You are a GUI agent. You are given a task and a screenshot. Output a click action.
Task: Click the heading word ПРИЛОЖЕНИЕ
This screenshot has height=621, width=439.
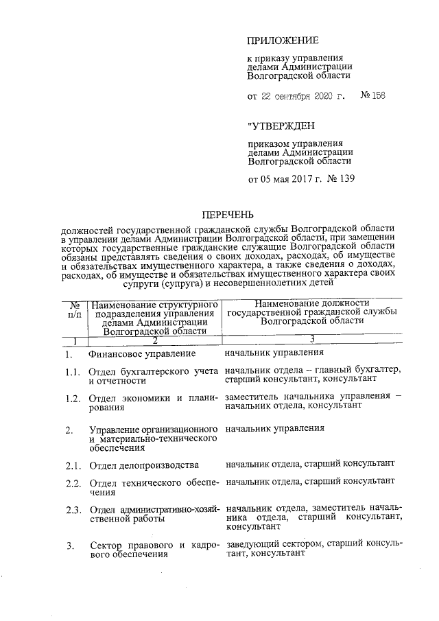[283, 41]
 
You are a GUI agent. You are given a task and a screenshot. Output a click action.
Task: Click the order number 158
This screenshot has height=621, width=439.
[377, 95]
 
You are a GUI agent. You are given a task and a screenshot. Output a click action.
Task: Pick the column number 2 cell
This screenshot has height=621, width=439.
[154, 340]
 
